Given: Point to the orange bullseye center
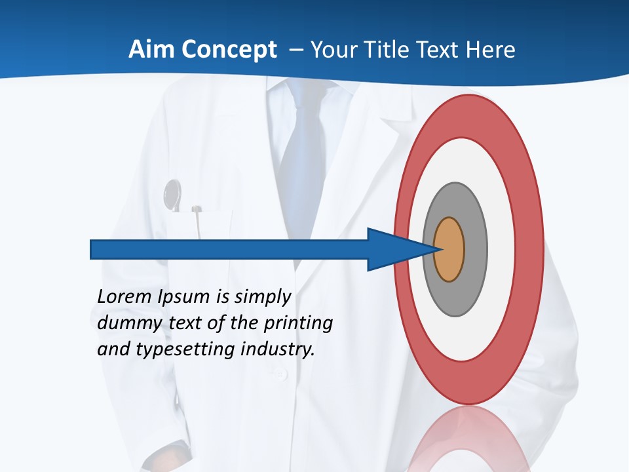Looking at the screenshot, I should [x=449, y=250].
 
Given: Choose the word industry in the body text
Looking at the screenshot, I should [x=278, y=349].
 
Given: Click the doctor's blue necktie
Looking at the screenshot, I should [x=302, y=157].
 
